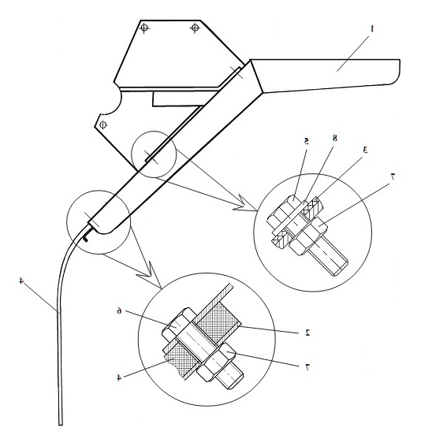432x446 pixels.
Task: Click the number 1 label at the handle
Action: [x=372, y=28]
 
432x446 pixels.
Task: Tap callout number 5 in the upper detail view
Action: [x=306, y=141]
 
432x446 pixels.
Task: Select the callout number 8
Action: [x=335, y=138]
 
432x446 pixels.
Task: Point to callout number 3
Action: [x=364, y=150]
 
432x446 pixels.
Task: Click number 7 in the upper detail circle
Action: [x=393, y=177]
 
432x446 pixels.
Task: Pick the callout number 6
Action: [x=119, y=310]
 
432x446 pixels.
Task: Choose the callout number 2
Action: [x=307, y=333]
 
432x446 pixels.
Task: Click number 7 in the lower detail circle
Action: [x=307, y=367]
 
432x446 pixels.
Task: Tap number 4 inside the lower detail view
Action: [x=119, y=377]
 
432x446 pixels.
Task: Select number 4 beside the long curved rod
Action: [x=21, y=281]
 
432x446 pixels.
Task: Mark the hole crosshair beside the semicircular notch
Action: [x=102, y=125]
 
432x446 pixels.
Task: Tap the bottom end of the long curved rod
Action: [x=61, y=425]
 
